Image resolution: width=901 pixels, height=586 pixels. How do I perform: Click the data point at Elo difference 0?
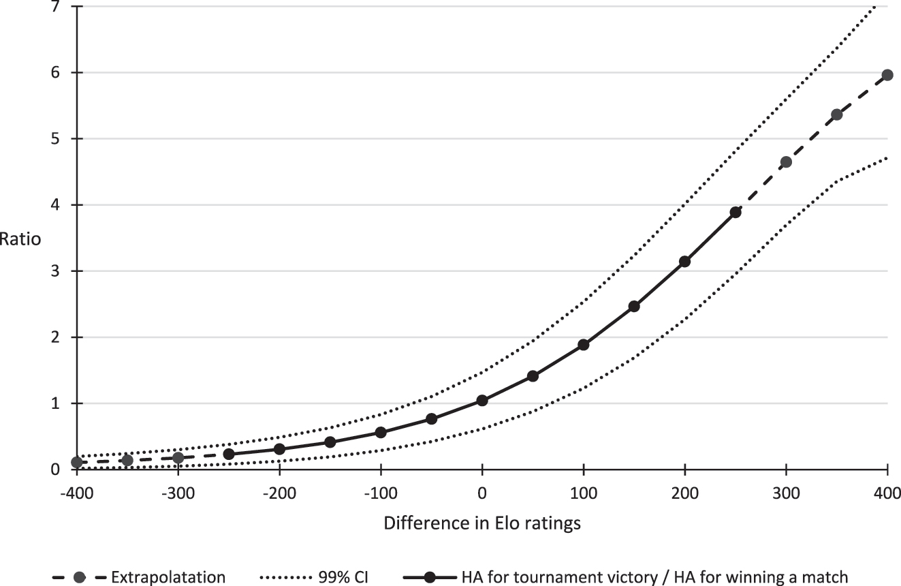coord(482,401)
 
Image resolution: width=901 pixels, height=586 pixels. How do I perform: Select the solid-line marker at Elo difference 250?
coord(736,213)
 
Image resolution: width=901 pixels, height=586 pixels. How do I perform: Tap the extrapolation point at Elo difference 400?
coord(887,75)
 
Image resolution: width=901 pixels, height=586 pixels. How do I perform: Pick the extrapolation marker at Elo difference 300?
coord(786,162)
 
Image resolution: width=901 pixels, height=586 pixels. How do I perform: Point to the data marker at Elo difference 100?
coord(584,345)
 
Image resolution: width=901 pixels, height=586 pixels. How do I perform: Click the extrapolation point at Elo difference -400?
coord(77,463)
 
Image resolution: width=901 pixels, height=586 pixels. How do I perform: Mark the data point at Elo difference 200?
coord(685,262)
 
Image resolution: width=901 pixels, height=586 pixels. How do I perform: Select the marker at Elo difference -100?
coord(381,433)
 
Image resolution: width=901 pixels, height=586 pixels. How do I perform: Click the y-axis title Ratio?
coord(20,239)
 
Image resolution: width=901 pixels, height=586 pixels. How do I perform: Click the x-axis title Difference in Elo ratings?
coord(482,523)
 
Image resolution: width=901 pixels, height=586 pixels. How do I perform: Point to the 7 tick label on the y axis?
coord(60,7)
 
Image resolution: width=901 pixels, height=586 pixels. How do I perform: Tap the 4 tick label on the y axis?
coord(60,205)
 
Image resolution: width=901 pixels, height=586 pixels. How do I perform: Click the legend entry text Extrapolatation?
coord(168,577)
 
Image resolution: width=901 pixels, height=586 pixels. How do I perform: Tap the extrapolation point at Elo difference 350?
coord(837,114)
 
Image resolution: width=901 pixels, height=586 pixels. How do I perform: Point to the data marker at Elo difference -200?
coord(279,449)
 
